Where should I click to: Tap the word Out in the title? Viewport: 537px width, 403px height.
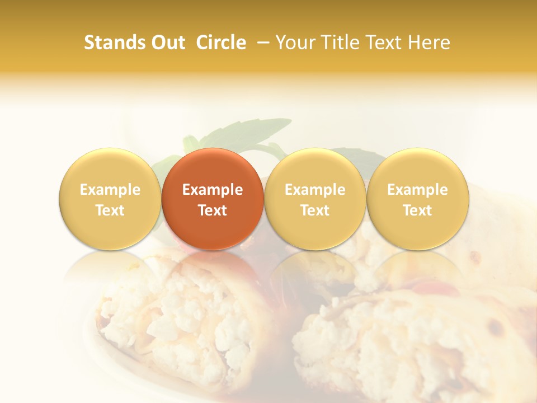tap(167, 43)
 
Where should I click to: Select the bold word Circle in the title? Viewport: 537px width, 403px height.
tap(221, 43)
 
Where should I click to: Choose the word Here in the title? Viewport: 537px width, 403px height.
tap(429, 43)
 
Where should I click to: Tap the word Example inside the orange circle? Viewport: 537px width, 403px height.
tap(212, 190)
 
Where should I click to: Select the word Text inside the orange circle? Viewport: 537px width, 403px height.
tap(212, 210)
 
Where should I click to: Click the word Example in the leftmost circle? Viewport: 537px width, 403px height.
tap(110, 190)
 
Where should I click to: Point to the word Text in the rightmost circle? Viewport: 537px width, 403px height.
tap(417, 210)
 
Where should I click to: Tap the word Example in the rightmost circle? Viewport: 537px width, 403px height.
tap(417, 190)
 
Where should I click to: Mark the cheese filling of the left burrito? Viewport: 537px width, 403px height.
tap(190, 319)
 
